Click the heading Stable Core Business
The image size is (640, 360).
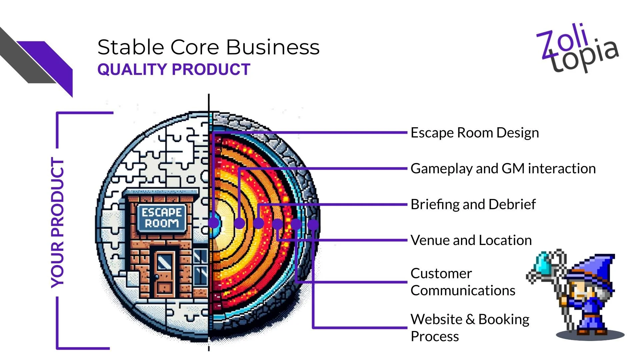pyautogui.click(x=208, y=47)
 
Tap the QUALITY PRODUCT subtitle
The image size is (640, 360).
pyautogui.click(x=174, y=69)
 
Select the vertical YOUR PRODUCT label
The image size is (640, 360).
pyautogui.click(x=57, y=223)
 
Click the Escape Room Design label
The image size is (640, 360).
pyautogui.click(x=474, y=133)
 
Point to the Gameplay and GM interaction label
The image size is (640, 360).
pyautogui.click(x=503, y=168)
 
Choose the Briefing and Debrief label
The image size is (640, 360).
pyautogui.click(x=473, y=204)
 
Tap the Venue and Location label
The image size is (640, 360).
pyautogui.click(x=471, y=240)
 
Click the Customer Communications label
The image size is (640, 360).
pyautogui.click(x=463, y=282)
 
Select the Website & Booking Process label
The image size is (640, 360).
pyautogui.click(x=470, y=328)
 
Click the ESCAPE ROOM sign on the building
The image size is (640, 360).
pyautogui.click(x=162, y=218)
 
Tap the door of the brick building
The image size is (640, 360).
pyautogui.click(x=164, y=273)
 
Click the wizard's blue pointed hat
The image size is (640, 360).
pyautogui.click(x=597, y=267)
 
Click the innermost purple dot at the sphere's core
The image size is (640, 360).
pyautogui.click(x=214, y=223)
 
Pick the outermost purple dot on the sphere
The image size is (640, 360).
pyautogui.click(x=313, y=224)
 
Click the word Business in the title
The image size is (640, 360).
pyautogui.click(x=273, y=47)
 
